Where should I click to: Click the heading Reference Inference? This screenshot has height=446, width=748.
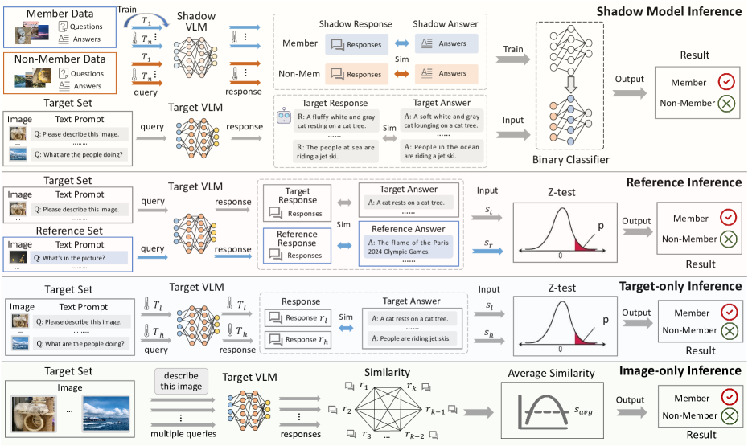(x=684, y=183)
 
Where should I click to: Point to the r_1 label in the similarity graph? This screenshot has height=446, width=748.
(x=364, y=388)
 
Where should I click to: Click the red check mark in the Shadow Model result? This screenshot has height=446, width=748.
(x=727, y=82)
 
